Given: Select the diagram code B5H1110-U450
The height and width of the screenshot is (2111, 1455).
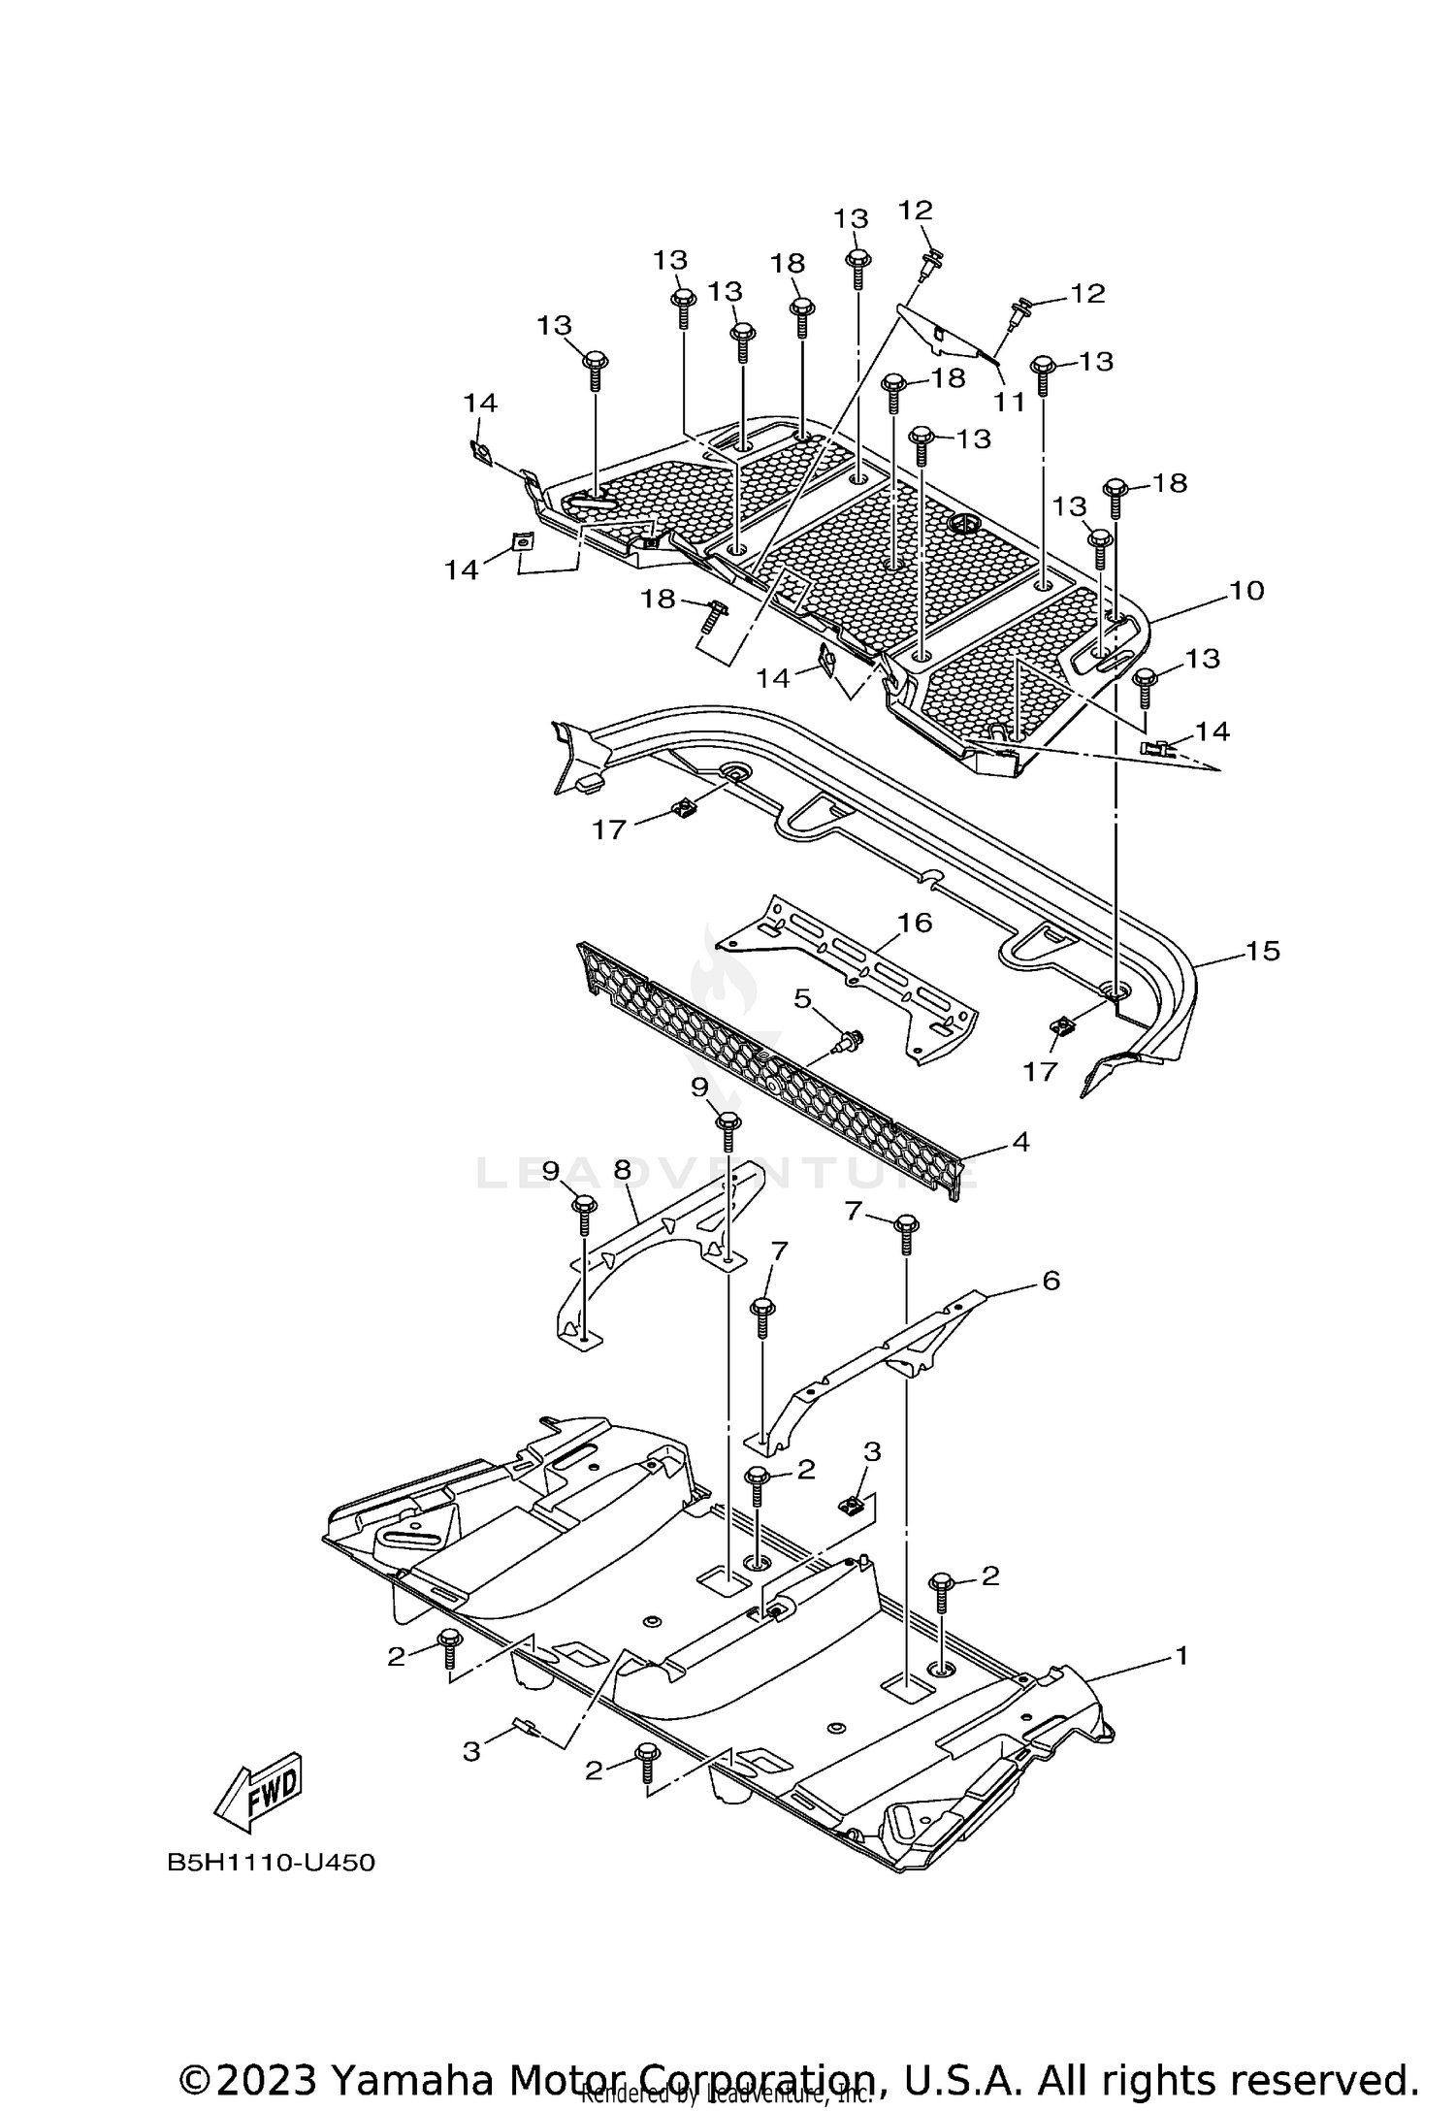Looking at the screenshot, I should click(x=271, y=1863).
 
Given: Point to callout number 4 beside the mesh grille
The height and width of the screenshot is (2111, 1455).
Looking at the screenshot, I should click(x=1019, y=1142).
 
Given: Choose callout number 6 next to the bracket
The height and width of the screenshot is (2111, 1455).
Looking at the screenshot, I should click(x=1051, y=1281).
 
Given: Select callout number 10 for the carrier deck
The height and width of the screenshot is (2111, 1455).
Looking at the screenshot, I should click(x=1246, y=590).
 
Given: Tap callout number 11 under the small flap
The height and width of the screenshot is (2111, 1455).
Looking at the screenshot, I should click(x=1009, y=402).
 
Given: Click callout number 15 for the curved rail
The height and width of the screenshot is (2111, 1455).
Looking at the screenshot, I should click(x=1262, y=951).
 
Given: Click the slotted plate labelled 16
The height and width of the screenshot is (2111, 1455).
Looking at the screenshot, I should click(x=854, y=980).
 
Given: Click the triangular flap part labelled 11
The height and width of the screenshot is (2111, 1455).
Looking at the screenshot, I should click(x=946, y=335).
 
